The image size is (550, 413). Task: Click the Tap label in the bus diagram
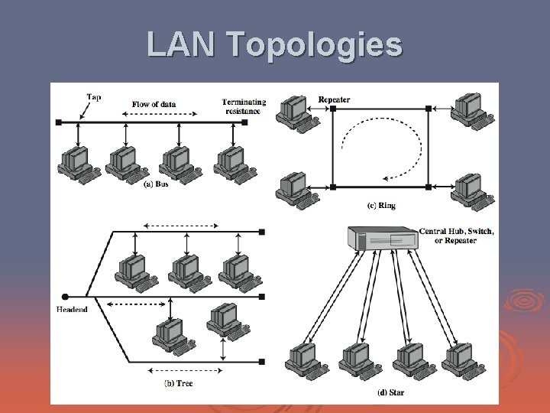coord(94,97)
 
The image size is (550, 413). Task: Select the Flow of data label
coord(154,104)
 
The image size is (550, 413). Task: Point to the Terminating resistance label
coord(244,106)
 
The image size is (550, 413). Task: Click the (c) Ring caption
coord(381,205)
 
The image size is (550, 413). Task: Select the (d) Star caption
coord(391,392)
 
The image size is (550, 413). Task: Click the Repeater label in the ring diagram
coord(334,99)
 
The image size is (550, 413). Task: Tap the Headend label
coord(72,310)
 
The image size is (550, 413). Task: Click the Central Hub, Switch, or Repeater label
coord(457,236)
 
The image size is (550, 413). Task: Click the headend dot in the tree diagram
coord(65,297)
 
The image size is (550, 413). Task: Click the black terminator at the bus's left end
coord(59,122)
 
